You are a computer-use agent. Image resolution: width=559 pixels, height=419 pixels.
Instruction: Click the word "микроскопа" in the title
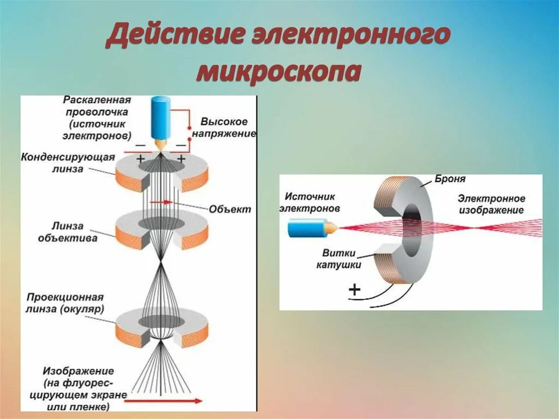[x=278, y=71]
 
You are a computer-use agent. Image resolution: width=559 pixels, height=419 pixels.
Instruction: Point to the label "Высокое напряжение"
[x=224, y=127]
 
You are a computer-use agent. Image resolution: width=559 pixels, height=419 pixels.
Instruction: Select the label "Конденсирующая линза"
[x=68, y=163]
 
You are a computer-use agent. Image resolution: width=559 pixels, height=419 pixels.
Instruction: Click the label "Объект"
[x=229, y=209]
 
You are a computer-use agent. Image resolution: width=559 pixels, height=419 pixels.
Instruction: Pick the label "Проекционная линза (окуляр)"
[x=65, y=303]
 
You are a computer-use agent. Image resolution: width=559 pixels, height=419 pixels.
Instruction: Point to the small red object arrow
[x=163, y=202]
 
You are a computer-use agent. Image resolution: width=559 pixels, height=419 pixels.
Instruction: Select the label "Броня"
[x=450, y=179]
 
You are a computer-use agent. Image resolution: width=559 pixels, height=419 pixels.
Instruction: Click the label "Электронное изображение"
[x=491, y=204]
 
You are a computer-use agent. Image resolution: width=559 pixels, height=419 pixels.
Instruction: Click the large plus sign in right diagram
[x=354, y=289]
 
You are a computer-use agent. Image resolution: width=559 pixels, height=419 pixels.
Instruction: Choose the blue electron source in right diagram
[x=308, y=228]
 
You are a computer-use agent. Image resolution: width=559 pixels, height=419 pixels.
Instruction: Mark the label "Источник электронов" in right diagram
[x=309, y=203]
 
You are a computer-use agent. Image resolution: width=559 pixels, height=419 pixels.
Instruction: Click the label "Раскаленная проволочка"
[x=96, y=106]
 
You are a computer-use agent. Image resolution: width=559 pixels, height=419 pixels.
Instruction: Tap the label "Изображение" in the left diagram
[x=78, y=371]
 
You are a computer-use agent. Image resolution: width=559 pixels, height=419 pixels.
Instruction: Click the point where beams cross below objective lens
[x=161, y=264]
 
